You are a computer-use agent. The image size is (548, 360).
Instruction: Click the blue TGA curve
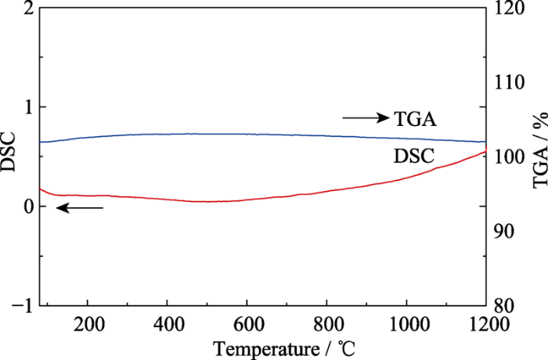pyautogui.click(x=235, y=134)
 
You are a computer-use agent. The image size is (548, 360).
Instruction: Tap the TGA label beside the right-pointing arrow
pyautogui.click(x=416, y=119)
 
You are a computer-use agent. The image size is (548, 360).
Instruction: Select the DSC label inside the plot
pyautogui.click(x=413, y=155)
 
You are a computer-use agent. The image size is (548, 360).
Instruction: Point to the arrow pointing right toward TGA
pyautogui.click(x=366, y=118)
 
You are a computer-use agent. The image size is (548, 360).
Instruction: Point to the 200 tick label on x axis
pyautogui.click(x=88, y=321)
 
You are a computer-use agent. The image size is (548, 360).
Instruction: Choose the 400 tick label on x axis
pyautogui.click(x=167, y=321)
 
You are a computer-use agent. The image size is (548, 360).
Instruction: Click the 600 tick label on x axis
pyautogui.click(x=247, y=321)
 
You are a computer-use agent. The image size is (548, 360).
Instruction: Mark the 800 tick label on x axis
pyautogui.click(x=326, y=321)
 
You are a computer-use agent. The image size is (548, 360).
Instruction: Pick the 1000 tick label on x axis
pyautogui.click(x=406, y=321)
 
